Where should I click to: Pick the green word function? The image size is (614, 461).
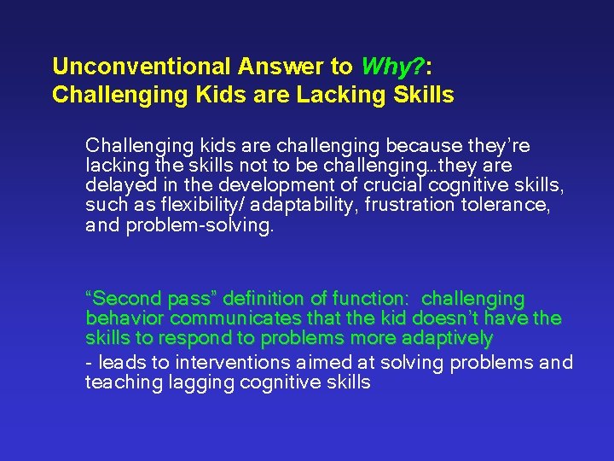(371, 299)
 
